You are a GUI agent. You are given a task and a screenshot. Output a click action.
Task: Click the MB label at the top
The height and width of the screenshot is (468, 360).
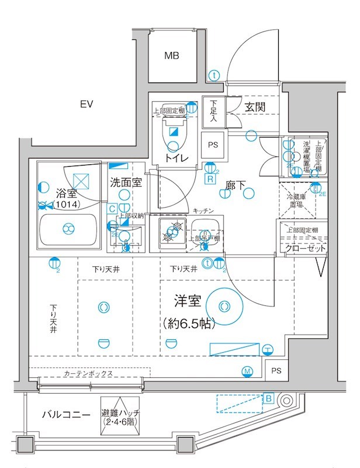(171, 56)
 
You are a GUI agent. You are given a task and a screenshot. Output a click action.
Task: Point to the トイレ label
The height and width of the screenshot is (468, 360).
(175, 158)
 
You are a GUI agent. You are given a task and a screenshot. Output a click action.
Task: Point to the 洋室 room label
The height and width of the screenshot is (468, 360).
(188, 301)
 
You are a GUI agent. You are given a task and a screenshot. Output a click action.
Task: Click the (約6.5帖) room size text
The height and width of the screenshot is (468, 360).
(188, 323)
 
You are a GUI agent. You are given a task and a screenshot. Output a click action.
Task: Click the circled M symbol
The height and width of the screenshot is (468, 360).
(247, 371)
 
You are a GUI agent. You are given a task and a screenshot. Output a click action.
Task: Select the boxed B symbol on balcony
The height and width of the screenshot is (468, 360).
(268, 398)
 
